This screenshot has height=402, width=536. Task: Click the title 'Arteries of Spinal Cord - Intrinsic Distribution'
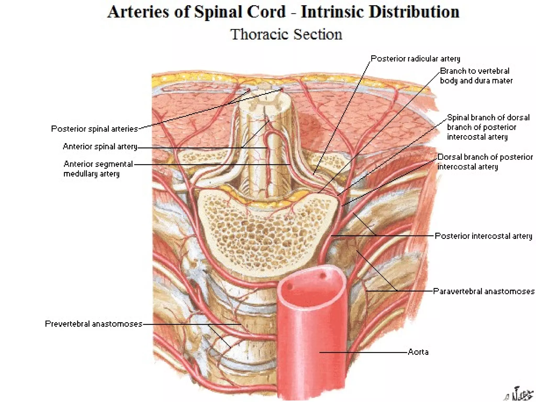pos(283,12)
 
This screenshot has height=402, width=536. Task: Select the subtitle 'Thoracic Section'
pos(286,35)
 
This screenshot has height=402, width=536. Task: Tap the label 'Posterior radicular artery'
pos(415,59)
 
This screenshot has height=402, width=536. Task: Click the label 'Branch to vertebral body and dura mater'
pos(476,76)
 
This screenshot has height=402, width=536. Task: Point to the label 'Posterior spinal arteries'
pos(94,129)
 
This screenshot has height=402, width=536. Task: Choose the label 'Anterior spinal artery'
pos(100,147)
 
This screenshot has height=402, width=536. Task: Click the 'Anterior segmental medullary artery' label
pos(98,169)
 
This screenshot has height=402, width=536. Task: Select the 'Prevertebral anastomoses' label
pos(93,324)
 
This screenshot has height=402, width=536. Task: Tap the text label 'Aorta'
pos(418,352)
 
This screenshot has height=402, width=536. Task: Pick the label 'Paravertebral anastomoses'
pos(483,291)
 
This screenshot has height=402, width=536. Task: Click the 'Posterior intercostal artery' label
pos(483,236)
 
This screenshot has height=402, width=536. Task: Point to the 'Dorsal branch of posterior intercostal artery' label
pos(485,162)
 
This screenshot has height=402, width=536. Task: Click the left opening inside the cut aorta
pos(289,286)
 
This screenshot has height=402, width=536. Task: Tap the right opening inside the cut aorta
pos(322,276)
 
